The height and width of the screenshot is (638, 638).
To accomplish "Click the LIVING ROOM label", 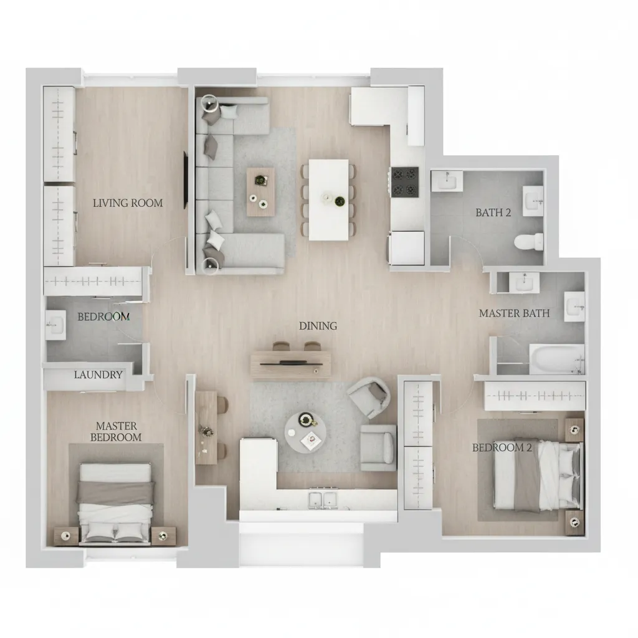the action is pyautogui.click(x=128, y=203).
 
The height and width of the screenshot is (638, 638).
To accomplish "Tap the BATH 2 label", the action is pyautogui.click(x=493, y=212).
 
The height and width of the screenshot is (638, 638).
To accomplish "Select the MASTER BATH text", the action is pyautogui.click(x=514, y=313).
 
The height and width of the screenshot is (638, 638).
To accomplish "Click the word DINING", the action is pyautogui.click(x=318, y=326).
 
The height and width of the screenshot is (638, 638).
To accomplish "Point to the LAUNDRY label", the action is pyautogui.click(x=98, y=374).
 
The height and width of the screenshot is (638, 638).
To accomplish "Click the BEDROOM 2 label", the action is pyautogui.click(x=502, y=447).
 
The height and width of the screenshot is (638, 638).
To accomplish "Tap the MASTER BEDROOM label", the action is pyautogui.click(x=116, y=432).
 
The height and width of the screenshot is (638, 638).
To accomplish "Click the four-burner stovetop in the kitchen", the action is pyautogui.click(x=405, y=183).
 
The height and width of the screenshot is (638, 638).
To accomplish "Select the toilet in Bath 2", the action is pyautogui.click(x=528, y=242).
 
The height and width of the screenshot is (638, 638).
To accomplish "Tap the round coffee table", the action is pyautogui.click(x=305, y=432).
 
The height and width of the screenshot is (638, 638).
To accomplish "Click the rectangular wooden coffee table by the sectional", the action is pyautogui.click(x=260, y=192).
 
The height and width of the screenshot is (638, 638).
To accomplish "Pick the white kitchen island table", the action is pyautogui.click(x=329, y=200).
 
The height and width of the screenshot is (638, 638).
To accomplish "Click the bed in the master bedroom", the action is pyautogui.click(x=116, y=503).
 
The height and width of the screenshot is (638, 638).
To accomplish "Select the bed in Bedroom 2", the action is pyautogui.click(x=537, y=475).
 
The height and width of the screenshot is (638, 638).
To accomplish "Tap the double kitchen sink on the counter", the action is pyautogui.click(x=323, y=500).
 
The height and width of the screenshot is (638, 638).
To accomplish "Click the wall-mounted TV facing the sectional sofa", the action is pyautogui.click(x=186, y=180).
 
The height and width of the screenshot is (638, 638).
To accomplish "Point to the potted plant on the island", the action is pyautogui.click(x=339, y=201).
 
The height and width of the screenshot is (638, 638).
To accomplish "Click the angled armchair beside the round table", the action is pyautogui.click(x=369, y=398).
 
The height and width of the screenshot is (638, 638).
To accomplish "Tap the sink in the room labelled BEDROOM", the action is pyautogui.click(x=55, y=325).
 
